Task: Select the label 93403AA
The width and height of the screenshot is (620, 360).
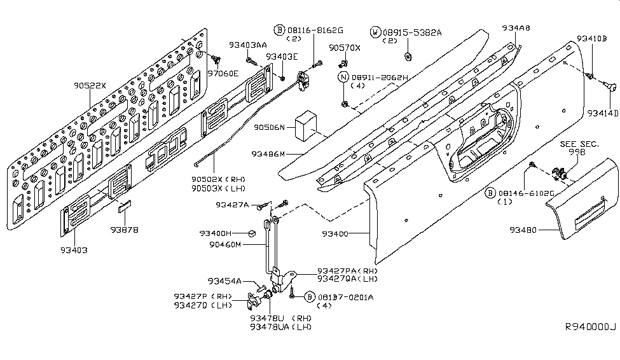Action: pyautogui.click(x=248, y=45)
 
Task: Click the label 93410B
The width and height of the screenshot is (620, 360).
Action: pyautogui.click(x=592, y=38)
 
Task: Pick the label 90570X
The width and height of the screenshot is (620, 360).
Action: pyautogui.click(x=345, y=48)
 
